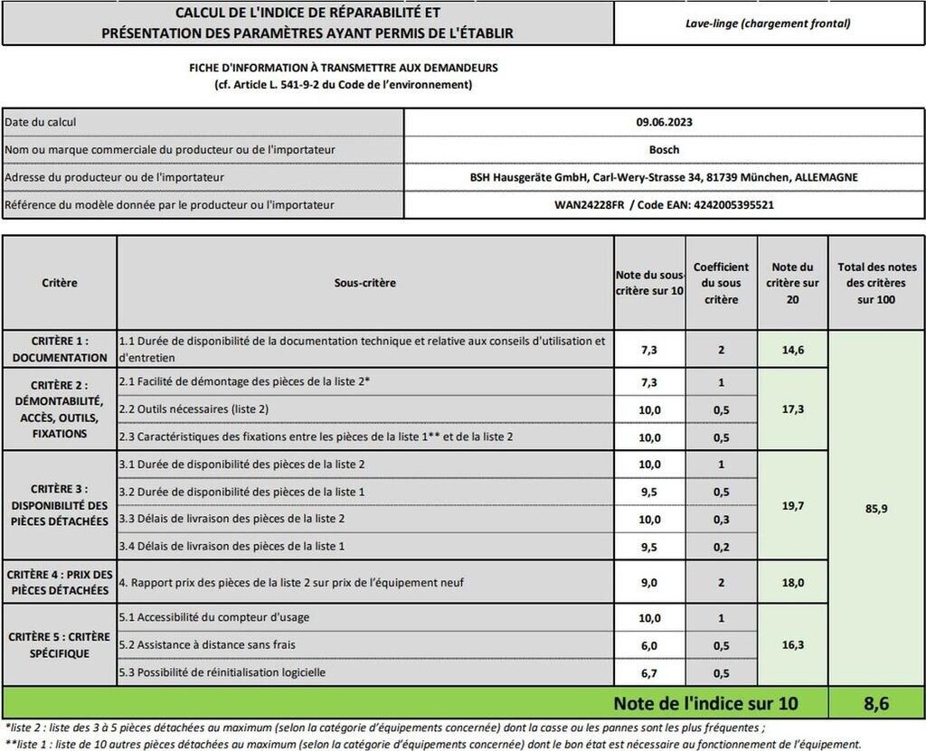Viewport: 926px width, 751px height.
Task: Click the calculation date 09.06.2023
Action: coord(664,122)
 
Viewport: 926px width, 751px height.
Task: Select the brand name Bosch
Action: coord(664,149)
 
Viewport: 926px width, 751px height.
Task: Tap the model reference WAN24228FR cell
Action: coord(664,205)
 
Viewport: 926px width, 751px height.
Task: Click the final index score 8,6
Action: coord(876,702)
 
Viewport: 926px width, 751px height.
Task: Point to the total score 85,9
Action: coord(876,508)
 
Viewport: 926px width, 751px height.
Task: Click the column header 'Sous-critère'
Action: coord(365,283)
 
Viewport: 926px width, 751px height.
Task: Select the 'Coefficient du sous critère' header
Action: coord(721,283)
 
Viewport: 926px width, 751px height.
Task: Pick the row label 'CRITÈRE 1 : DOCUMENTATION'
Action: coord(60,349)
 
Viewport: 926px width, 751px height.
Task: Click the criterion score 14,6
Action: coord(792,349)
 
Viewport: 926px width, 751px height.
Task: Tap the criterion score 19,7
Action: coord(792,506)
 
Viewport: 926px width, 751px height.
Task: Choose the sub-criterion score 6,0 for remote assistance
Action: coord(649,645)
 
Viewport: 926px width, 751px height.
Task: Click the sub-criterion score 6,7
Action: coord(649,673)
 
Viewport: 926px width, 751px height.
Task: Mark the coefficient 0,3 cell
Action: coord(721,519)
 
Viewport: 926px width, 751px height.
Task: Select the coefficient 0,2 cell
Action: coord(721,547)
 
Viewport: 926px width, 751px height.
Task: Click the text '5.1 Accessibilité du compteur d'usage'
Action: coord(214,618)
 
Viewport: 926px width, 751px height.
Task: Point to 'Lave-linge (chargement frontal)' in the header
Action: coord(768,23)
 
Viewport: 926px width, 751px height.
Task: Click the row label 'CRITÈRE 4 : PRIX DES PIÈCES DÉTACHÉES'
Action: coord(60,582)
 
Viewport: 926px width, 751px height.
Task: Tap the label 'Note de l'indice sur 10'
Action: coord(705,702)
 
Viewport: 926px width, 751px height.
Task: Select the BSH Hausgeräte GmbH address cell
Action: coord(664,177)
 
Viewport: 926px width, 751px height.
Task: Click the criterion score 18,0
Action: coord(792,583)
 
